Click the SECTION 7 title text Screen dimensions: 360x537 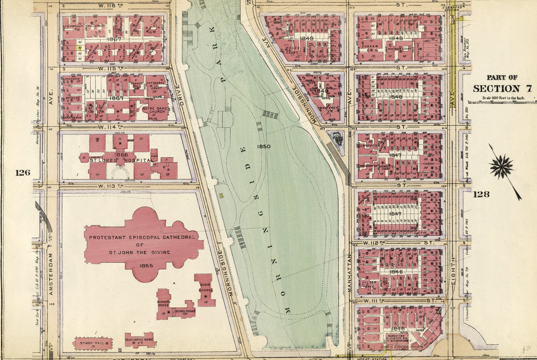502,88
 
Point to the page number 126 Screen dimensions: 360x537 23,173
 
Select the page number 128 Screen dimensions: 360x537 481,194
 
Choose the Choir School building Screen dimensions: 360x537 205,289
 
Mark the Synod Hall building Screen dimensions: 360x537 92,344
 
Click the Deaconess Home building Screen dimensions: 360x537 140,340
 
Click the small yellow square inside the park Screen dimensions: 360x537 222,196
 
